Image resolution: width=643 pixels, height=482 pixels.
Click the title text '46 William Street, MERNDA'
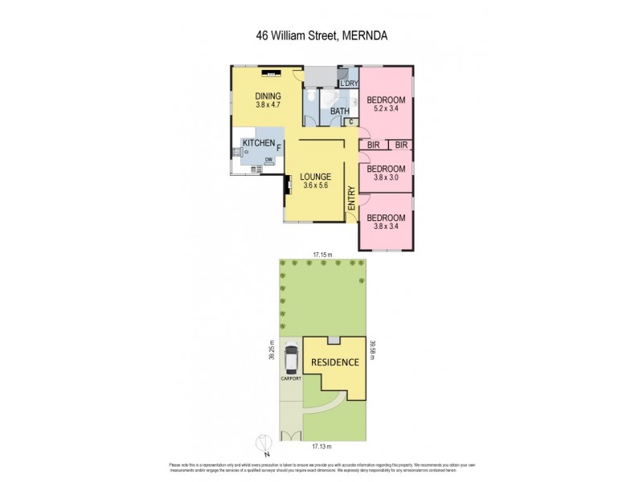(321, 36)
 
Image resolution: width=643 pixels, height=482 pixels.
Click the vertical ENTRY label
(351, 198)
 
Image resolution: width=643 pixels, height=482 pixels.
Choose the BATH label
(338, 112)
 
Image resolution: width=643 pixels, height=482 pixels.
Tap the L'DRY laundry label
(349, 84)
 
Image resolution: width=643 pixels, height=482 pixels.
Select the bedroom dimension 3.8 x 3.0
(386, 178)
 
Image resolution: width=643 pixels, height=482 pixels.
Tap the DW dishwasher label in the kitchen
(269, 159)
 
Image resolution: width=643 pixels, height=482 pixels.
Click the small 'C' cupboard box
(350, 122)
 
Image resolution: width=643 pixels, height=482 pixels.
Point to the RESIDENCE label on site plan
(335, 362)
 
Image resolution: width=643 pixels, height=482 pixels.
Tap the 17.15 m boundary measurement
(324, 254)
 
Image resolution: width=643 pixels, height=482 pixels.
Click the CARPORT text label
(290, 377)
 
